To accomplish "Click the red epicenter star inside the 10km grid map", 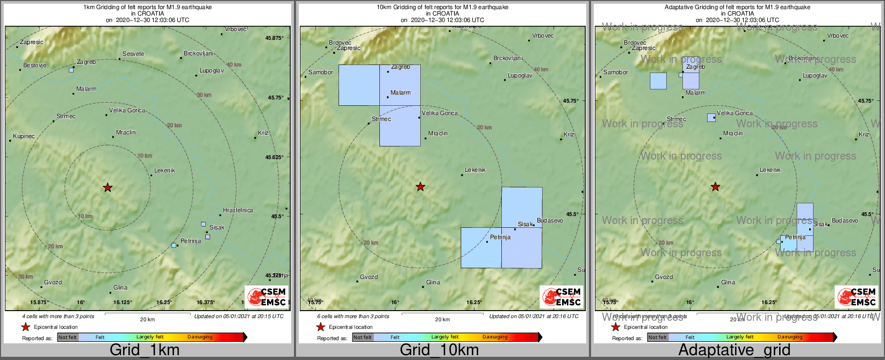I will tap(420, 187).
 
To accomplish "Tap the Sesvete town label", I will tap(133, 54).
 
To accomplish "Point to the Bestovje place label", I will tap(35, 66).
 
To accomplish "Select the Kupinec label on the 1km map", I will tap(24, 136).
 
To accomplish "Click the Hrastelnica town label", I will tap(238, 211).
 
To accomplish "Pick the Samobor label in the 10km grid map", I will tap(321, 73).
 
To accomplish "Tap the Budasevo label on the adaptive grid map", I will tap(845, 221).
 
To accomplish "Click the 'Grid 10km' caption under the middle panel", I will tap(439, 350).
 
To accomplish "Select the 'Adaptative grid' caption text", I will tap(734, 350).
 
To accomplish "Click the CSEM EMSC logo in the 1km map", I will tap(267, 297).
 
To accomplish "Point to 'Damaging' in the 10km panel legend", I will tap(495, 337).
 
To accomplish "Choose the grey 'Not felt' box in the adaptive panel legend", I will tap(657, 337).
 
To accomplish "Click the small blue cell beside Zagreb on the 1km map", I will tap(71, 70).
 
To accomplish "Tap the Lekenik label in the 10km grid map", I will tap(475, 170).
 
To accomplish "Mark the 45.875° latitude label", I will tap(274, 38).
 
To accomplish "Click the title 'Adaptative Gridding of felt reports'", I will tap(737, 8).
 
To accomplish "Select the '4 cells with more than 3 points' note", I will tap(58, 316).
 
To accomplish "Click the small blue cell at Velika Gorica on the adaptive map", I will tap(711, 117).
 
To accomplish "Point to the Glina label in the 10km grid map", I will tap(433, 283).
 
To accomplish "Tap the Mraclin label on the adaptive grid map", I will tap(733, 134).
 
